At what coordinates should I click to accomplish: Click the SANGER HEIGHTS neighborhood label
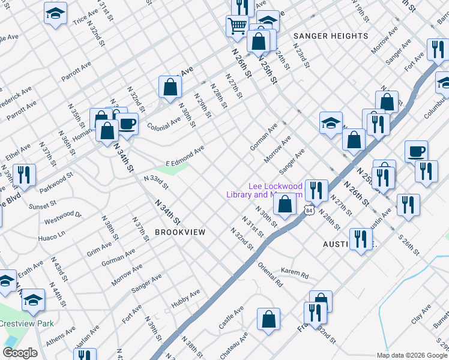pos(330,36)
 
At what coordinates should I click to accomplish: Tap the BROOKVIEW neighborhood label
pos(180,232)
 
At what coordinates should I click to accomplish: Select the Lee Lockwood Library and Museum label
pos(264,190)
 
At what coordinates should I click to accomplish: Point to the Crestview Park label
pos(27,323)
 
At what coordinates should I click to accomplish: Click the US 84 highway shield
pos(309,211)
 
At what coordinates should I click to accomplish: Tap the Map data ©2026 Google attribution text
pos(412,355)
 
